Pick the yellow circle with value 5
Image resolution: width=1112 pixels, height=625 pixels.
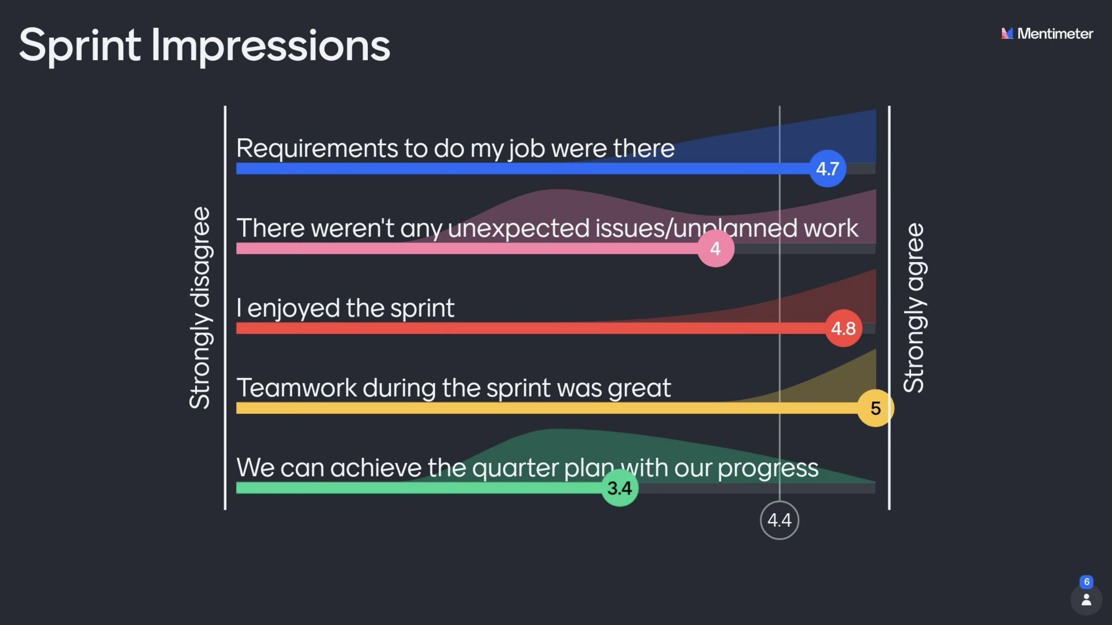pyautogui.click(x=875, y=408)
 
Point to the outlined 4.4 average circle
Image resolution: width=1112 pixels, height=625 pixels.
pyautogui.click(x=780, y=520)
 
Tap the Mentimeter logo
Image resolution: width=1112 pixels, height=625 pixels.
pyautogui.click(x=1047, y=34)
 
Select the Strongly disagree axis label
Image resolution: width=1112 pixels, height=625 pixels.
pyautogui.click(x=200, y=308)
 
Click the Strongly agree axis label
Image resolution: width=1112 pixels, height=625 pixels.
pyautogui.click(x=914, y=308)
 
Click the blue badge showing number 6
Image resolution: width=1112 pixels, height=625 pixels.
pyautogui.click(x=1087, y=581)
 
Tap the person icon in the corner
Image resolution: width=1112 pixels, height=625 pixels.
pyautogui.click(x=1087, y=600)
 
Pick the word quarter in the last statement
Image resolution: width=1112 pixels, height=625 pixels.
pyautogui.click(x=515, y=468)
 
